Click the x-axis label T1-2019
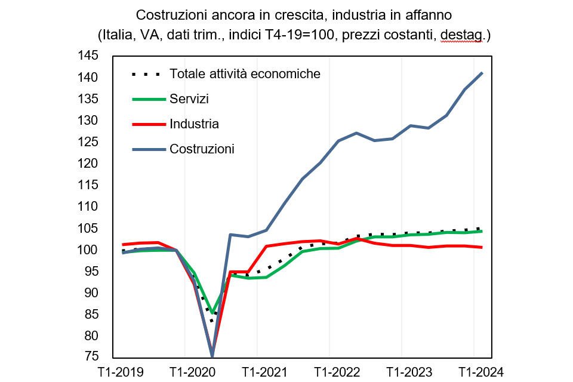coord(121,372)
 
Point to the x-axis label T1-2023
coord(402,372)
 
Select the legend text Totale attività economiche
coord(245,74)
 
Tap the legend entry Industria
coord(194,124)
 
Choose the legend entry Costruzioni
coord(202,149)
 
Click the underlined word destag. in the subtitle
coord(461,35)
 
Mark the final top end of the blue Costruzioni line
coord(482,73)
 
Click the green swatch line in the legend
coord(146,99)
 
